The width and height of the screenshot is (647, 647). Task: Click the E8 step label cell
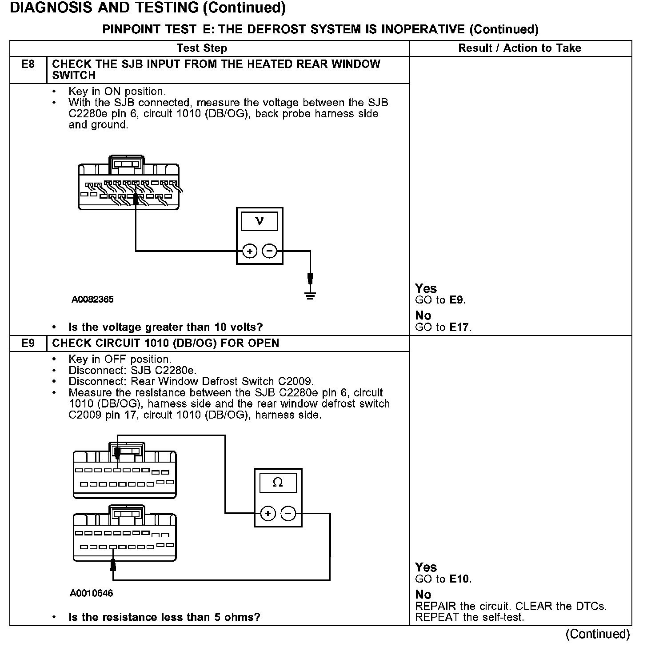(28, 65)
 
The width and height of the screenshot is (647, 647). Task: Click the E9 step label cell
(28, 343)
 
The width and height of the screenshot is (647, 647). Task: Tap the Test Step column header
(202, 48)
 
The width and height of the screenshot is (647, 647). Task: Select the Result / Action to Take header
(519, 48)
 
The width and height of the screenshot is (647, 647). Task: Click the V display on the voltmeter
(260, 221)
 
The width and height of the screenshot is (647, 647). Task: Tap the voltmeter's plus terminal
(250, 252)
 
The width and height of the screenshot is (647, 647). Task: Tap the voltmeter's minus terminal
(269, 252)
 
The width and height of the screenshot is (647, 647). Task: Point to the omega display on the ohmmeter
(278, 483)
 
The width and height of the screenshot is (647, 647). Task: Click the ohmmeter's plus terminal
(268, 514)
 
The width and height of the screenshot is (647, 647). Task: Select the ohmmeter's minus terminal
(288, 514)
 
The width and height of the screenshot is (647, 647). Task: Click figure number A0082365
(92, 300)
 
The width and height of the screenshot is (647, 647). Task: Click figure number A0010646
(91, 593)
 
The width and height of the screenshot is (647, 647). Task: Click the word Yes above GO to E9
(426, 288)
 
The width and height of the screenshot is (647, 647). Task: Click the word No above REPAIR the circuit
(423, 595)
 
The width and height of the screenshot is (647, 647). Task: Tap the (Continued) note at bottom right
(598, 634)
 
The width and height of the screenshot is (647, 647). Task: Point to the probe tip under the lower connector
(113, 565)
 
